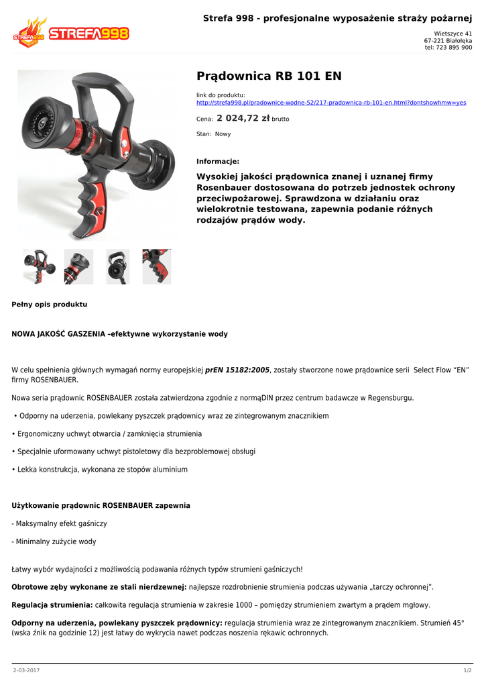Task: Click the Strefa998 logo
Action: pos(70,32)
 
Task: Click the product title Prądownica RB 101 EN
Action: pos(269,76)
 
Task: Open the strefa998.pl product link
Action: pos(330,103)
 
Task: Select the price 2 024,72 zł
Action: pos(243,118)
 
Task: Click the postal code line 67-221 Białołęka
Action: pos(447,40)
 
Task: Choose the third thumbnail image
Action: pos(118,266)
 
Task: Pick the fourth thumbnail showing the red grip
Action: pos(157,266)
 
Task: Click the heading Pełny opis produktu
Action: pos(50,304)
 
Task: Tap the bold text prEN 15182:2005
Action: pos(237,370)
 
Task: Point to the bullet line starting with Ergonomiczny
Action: pos(107,433)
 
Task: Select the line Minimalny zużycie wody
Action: pos(54,541)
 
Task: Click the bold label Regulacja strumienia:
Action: pos(53,604)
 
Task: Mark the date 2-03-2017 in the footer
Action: pos(27,670)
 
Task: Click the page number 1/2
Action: pos(467,670)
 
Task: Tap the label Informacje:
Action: pos(217,161)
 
